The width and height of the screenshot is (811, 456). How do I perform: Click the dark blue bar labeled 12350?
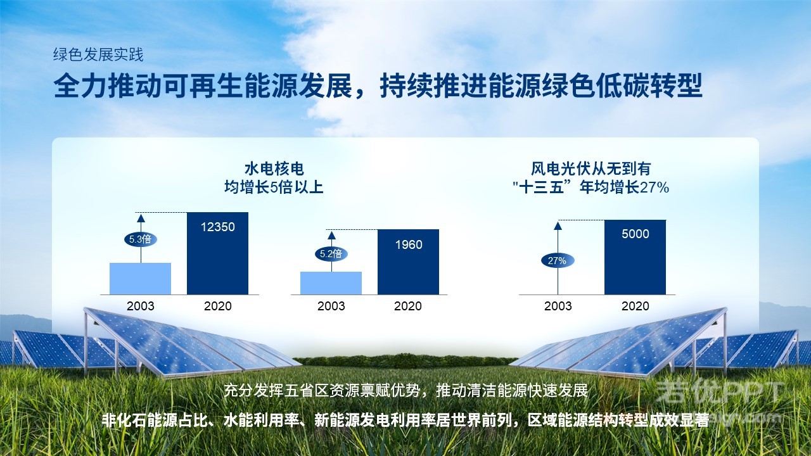pyautogui.click(x=217, y=253)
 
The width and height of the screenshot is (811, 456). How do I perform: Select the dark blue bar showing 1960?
pyautogui.click(x=409, y=262)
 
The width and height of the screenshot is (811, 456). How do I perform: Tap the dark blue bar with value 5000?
pyautogui.click(x=635, y=257)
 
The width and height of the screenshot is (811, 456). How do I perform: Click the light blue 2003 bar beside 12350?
pyautogui.click(x=141, y=279)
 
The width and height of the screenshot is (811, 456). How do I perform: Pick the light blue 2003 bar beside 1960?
pyautogui.click(x=331, y=283)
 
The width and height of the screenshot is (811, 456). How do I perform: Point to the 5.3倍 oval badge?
pyautogui.click(x=141, y=239)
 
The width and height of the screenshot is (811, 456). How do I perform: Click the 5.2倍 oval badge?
pyautogui.click(x=331, y=254)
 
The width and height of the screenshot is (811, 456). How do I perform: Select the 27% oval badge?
pyautogui.click(x=558, y=260)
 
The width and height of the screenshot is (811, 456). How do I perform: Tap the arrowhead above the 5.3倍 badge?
pyautogui.click(x=141, y=218)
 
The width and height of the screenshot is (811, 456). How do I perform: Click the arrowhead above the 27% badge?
pyautogui.click(x=558, y=226)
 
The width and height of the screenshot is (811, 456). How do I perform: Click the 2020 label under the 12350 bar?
pyautogui.click(x=217, y=306)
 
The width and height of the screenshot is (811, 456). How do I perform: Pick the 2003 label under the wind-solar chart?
pyautogui.click(x=558, y=306)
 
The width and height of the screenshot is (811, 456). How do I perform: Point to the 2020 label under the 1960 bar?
pyautogui.click(x=408, y=306)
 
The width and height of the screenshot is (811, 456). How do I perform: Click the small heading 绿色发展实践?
pyautogui.click(x=98, y=54)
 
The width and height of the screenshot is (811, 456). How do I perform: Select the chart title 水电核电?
pyautogui.click(x=274, y=169)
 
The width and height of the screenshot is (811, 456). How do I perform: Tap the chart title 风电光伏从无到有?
pyautogui.click(x=591, y=169)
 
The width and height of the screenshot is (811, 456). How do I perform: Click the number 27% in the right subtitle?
pyautogui.click(x=655, y=187)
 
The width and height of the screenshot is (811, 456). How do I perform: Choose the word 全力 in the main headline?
pyautogui.click(x=80, y=85)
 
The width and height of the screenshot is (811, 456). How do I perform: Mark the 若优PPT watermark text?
pyautogui.click(x=718, y=391)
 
